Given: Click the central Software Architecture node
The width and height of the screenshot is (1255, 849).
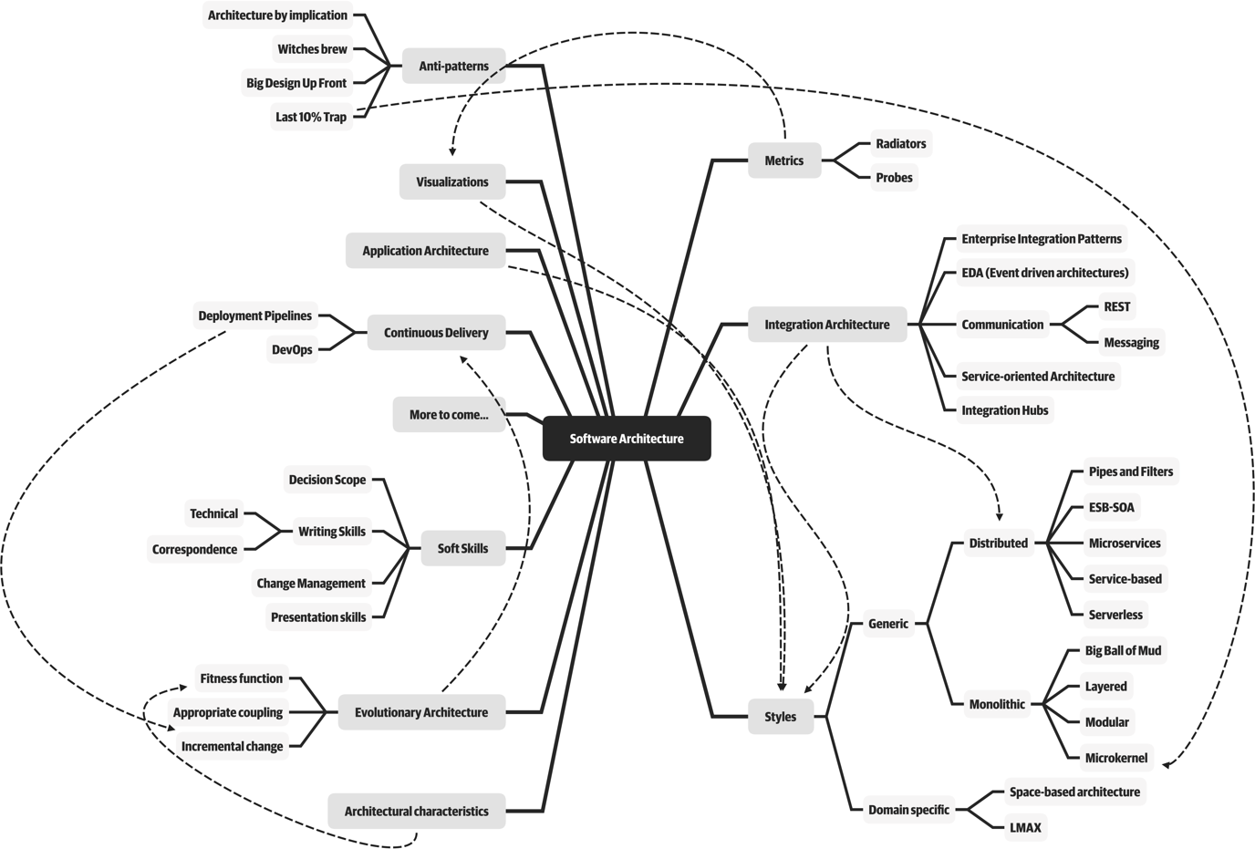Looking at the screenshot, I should pos(626,439).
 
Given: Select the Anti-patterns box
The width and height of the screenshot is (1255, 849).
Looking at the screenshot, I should pos(453,66).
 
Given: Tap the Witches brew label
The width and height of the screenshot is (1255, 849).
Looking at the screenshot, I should pos(312,49).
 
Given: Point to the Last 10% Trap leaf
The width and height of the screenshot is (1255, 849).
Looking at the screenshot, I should pos(311,117).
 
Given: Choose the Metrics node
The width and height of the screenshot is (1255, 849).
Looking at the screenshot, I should pos(783,160).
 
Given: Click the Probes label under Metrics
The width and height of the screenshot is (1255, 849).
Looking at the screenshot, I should pos(894,178).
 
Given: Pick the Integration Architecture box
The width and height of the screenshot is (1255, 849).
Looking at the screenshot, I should pos(826,325).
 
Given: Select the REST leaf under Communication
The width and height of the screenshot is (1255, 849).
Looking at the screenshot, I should pos(1116,307).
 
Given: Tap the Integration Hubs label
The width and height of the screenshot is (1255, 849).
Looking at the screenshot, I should pos(1004,410).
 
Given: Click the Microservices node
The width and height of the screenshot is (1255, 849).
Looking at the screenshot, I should pos(1124,544).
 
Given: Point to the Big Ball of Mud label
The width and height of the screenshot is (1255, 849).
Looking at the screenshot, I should pos(1123,651).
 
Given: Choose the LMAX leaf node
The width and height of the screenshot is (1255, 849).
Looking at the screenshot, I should pos(1025,828).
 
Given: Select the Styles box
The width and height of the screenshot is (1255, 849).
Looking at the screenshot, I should pos(780,717).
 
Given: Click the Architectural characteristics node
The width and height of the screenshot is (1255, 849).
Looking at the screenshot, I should pos(416,812).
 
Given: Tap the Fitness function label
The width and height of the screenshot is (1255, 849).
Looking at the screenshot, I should pos(241,678).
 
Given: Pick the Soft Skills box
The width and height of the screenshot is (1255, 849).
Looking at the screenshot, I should pos(462,549).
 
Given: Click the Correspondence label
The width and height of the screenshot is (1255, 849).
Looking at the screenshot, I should pos(194,550).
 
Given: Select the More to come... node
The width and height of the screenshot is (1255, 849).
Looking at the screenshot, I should pos(448,415).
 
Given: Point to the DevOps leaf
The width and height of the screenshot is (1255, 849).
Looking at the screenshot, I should pos(292,350).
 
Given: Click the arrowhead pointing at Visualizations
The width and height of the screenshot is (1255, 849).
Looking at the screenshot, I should pos(452,151).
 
